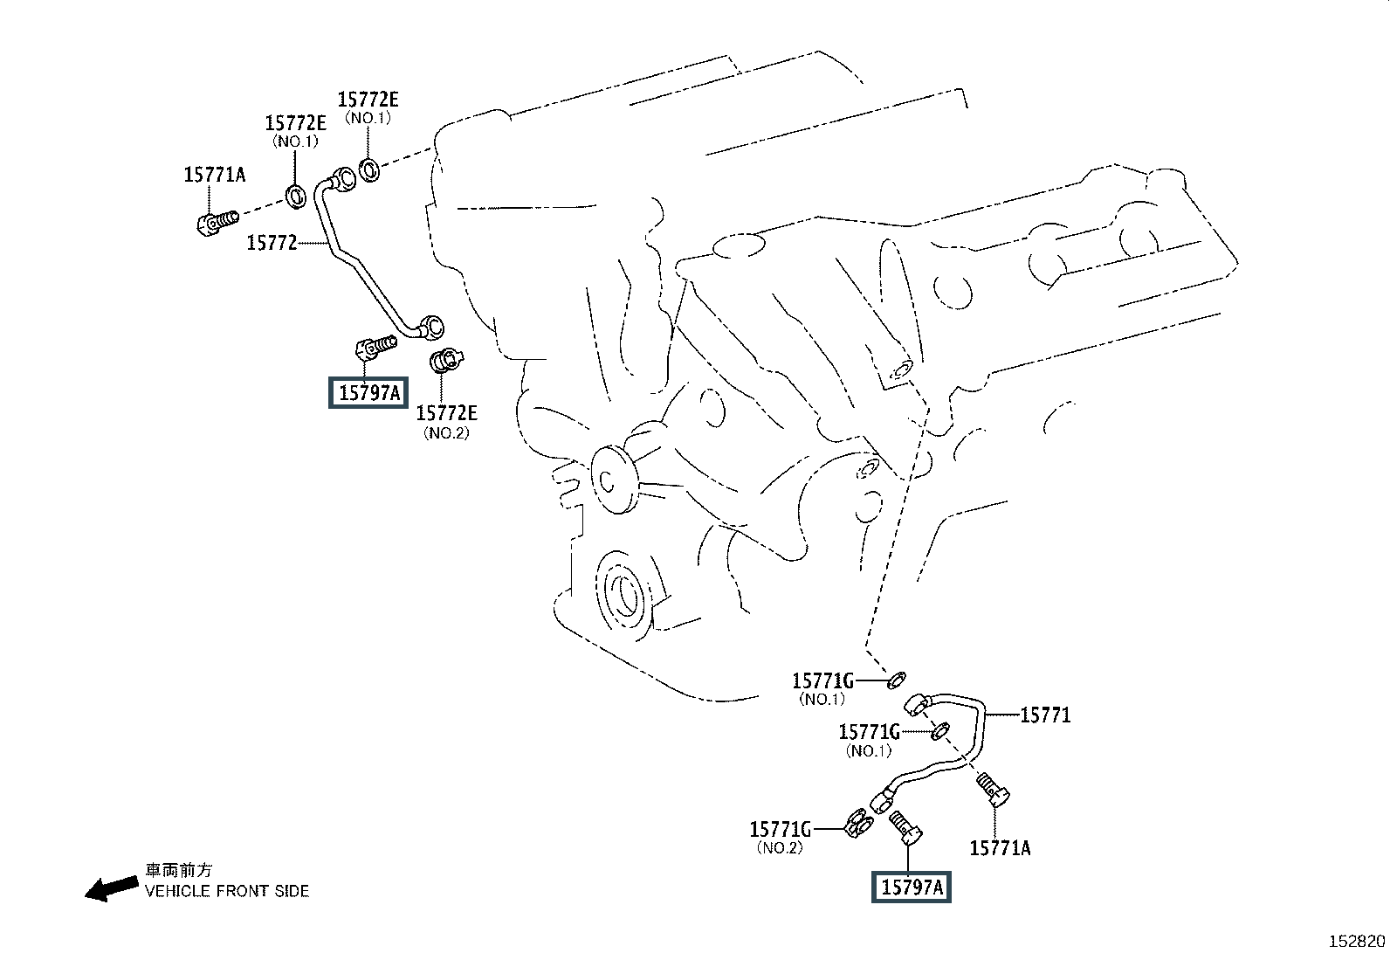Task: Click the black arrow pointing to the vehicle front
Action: point(112,888)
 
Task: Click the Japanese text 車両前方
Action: point(179,870)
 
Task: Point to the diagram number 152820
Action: point(1357,942)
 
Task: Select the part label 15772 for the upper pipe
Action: point(272,243)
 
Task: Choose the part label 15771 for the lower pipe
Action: point(1046,715)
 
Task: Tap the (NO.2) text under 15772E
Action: point(446,432)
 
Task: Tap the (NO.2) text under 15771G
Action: point(780,847)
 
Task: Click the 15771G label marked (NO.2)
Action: point(780,829)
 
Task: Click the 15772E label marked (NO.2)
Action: point(446,413)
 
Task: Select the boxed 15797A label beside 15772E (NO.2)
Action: point(368,392)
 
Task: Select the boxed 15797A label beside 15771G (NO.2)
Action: point(912,887)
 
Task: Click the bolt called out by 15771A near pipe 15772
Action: point(217,222)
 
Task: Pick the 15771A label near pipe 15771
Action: point(1000,848)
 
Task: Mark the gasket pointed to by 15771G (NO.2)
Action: point(859,824)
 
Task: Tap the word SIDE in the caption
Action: point(292,891)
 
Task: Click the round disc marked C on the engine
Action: point(614,480)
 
